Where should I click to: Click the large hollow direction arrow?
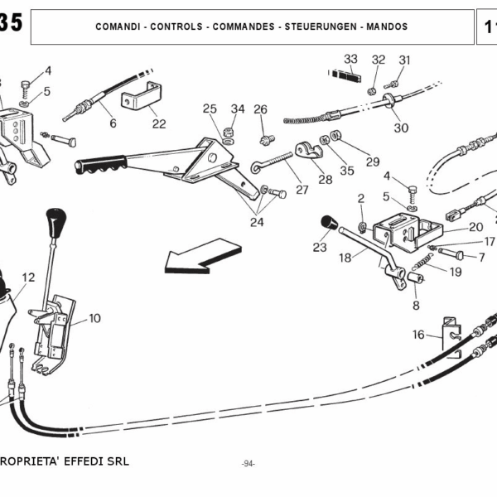point(201,254)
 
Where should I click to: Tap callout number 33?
point(350,59)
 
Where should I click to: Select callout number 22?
point(158,123)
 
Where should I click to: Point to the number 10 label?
point(94,318)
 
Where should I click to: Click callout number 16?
point(418,335)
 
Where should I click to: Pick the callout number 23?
point(320,246)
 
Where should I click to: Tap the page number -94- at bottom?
point(248,464)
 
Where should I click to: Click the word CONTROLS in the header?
point(179,27)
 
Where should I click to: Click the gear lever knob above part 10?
point(56,222)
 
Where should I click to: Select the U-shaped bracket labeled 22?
point(140,99)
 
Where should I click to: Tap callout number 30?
point(401,128)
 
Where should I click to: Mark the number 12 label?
point(29,277)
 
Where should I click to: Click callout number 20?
point(475,226)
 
